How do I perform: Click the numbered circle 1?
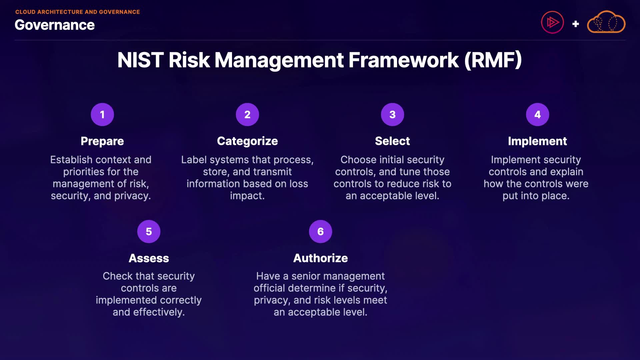[102, 114]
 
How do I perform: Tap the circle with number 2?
[247, 114]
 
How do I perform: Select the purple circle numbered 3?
[392, 114]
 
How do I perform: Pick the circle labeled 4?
[537, 114]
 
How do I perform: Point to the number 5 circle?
[149, 231]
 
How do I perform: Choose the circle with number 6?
[320, 231]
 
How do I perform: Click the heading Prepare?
[102, 141]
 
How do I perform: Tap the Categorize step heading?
[247, 141]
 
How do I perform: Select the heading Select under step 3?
[392, 141]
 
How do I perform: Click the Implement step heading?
[537, 141]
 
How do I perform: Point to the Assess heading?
[149, 258]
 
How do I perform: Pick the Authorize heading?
[320, 258]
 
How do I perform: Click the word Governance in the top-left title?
[55, 25]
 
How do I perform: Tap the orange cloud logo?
[606, 22]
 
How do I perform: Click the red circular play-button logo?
[552, 22]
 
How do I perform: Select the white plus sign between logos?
[575, 24]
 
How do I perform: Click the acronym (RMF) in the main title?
[493, 60]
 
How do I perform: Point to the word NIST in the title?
[140, 60]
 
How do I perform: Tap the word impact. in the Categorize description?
[247, 196]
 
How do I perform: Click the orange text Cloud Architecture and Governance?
[78, 12]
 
